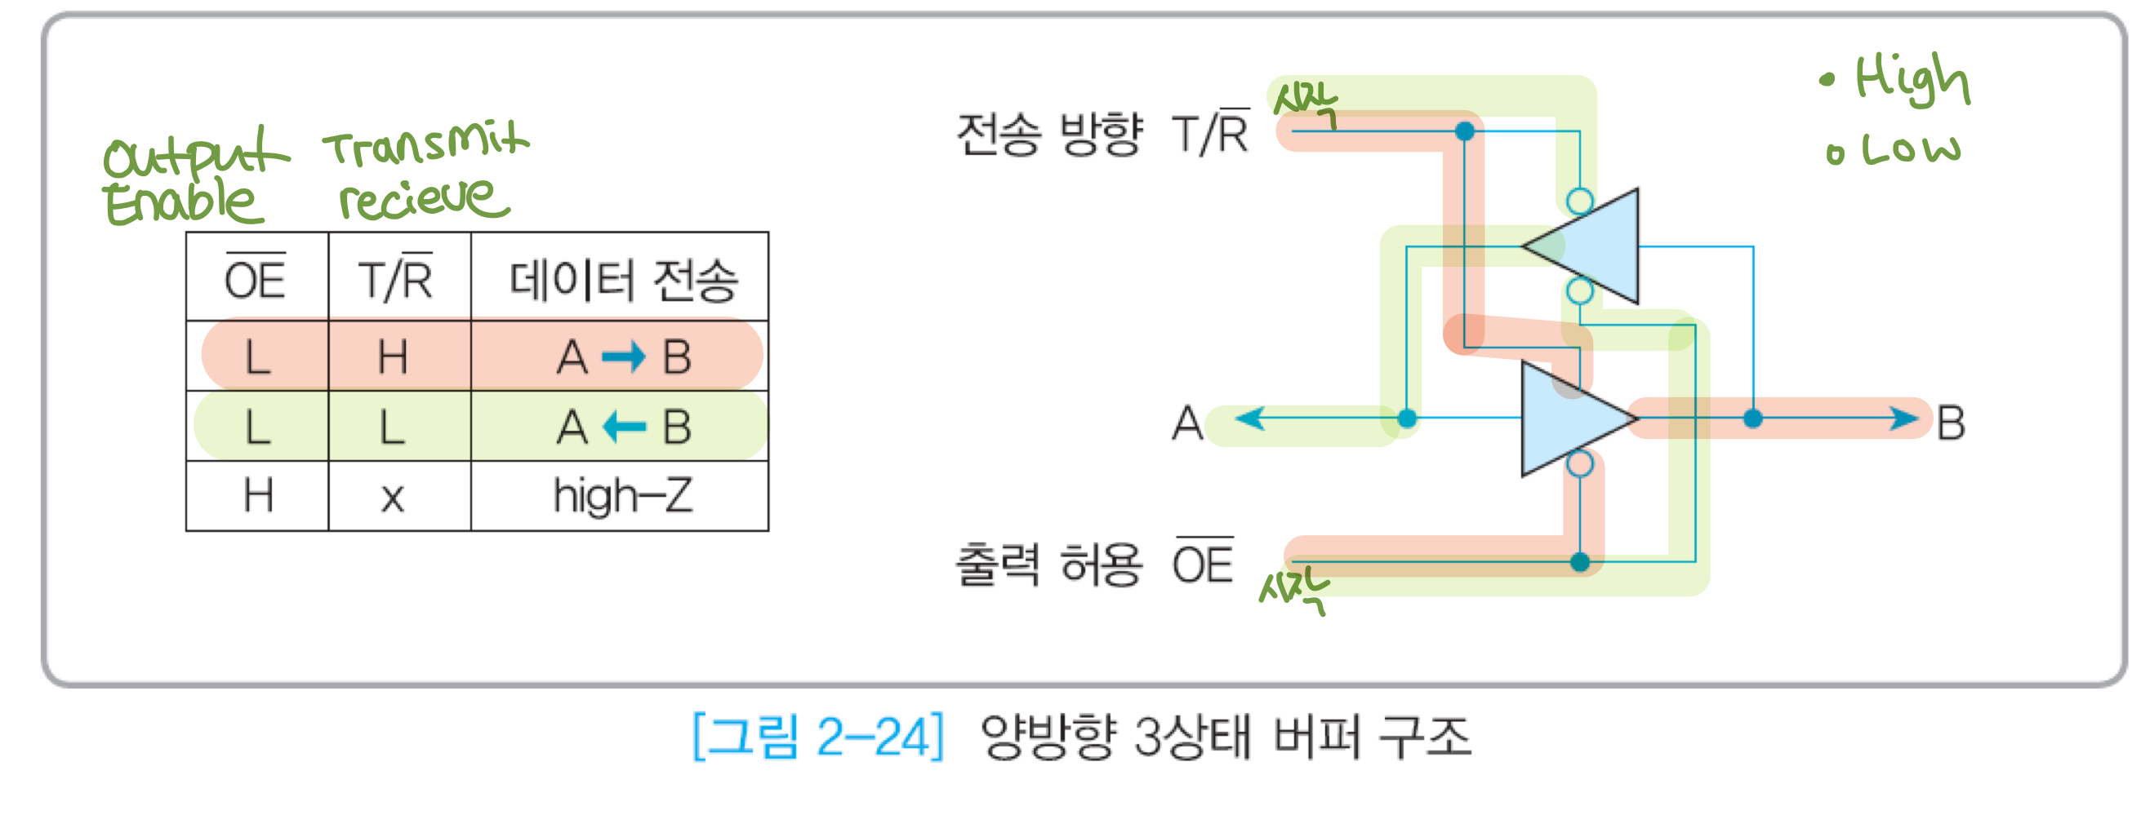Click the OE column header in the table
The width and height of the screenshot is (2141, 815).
pos(255,278)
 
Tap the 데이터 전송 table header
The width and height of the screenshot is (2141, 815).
pos(622,279)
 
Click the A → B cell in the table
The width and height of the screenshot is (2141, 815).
pos(622,357)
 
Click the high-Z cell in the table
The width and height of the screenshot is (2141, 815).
pos(622,496)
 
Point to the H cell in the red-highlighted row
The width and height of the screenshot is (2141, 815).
pos(392,357)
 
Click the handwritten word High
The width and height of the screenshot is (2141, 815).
pos(1912,79)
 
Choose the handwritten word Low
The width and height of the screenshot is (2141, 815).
pos(1910,150)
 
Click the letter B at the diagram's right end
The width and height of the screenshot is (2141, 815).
pos(1951,423)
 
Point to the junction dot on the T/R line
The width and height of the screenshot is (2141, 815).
pos(1465,131)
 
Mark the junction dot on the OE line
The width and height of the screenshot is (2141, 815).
pos(1580,562)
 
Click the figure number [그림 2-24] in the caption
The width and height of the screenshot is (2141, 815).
pos(819,737)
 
